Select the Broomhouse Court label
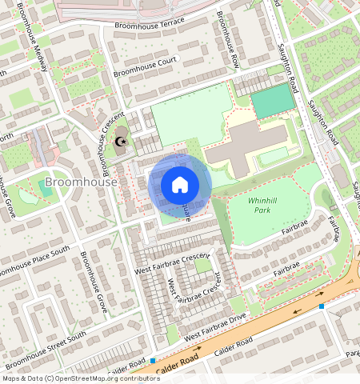point(144,66)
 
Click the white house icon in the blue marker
point(180,185)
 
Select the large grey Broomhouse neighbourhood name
point(81,182)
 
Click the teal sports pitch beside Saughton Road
point(272,102)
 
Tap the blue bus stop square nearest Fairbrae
point(321,306)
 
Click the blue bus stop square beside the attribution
point(152,361)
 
